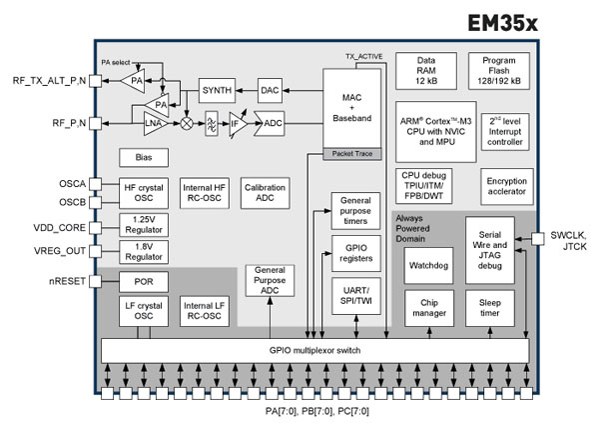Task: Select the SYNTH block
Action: click(216, 90)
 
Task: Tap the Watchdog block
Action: click(429, 264)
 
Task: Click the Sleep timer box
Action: click(491, 306)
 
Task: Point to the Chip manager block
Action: click(429, 306)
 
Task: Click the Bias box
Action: click(142, 157)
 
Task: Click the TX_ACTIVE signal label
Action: click(363, 57)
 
